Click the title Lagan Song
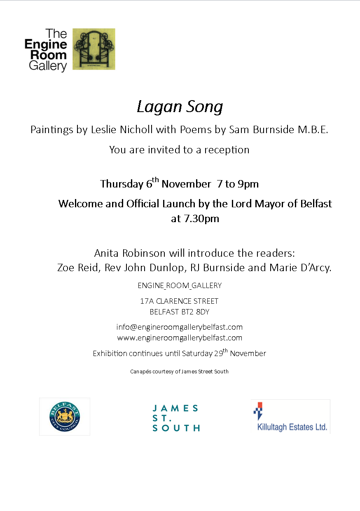[x=180, y=107]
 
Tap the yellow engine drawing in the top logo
[x=94, y=49]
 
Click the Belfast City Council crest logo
[x=65, y=416]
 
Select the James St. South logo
[x=176, y=418]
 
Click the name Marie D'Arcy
[x=300, y=267]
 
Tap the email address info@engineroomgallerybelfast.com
[x=180, y=327]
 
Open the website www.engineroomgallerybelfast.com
[x=180, y=338]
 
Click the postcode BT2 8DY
[x=195, y=312]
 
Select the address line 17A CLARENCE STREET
[x=180, y=301]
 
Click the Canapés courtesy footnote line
[x=180, y=371]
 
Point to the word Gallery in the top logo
[x=48, y=66]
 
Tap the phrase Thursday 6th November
[x=156, y=183]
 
